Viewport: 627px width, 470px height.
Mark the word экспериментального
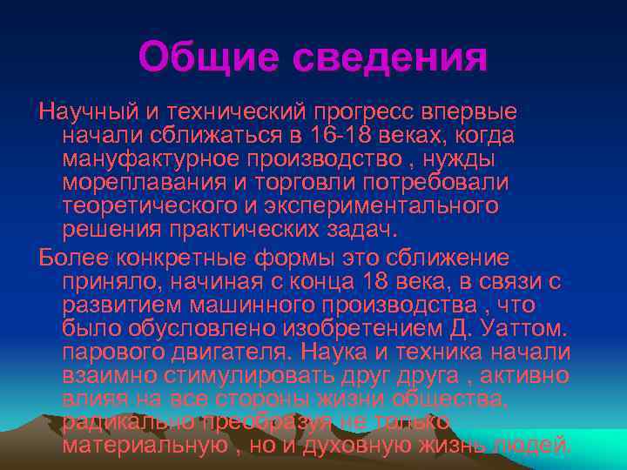click(391, 206)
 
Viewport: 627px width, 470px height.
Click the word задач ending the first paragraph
click(361, 230)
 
